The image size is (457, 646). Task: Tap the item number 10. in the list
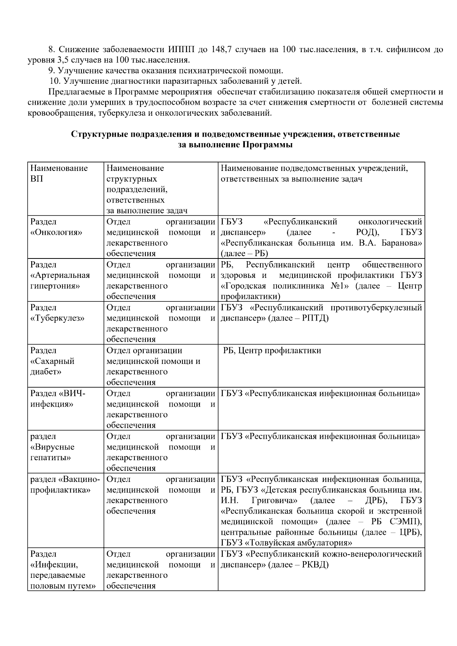56,81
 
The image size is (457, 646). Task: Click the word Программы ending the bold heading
267,145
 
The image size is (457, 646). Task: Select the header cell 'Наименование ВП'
59,174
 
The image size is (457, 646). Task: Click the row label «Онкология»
56,233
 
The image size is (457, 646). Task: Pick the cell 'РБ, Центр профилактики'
272,351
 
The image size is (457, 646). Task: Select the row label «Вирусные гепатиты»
52,447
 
